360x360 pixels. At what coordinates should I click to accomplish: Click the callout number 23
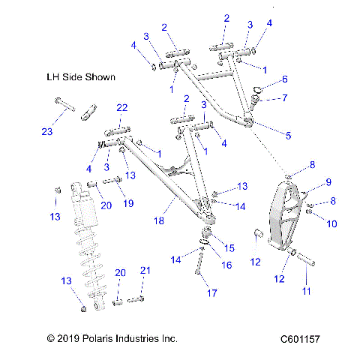[47, 133]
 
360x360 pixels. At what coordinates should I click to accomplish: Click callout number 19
[128, 202]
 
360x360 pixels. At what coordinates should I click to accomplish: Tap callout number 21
[145, 270]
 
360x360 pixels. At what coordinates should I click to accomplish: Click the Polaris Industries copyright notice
[112, 340]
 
